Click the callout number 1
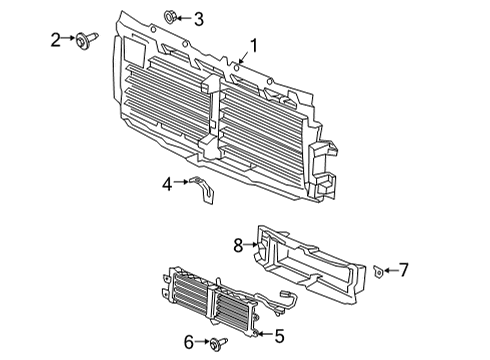click(x=254, y=46)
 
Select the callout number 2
click(x=56, y=40)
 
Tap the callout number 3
click(x=199, y=19)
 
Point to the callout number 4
click(x=167, y=184)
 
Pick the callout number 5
click(x=279, y=336)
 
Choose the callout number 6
click(x=189, y=342)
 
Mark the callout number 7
click(x=404, y=270)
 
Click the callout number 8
click(x=238, y=246)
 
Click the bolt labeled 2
click(x=87, y=40)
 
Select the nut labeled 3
click(x=170, y=17)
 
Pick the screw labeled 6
click(x=219, y=343)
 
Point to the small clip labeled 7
click(x=378, y=271)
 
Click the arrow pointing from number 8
click(x=252, y=245)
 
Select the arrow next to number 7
click(x=391, y=270)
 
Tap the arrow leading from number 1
click(x=243, y=57)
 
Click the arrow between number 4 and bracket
click(x=181, y=182)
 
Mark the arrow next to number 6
click(x=203, y=342)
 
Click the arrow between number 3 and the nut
click(x=184, y=18)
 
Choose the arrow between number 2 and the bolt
click(x=69, y=38)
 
